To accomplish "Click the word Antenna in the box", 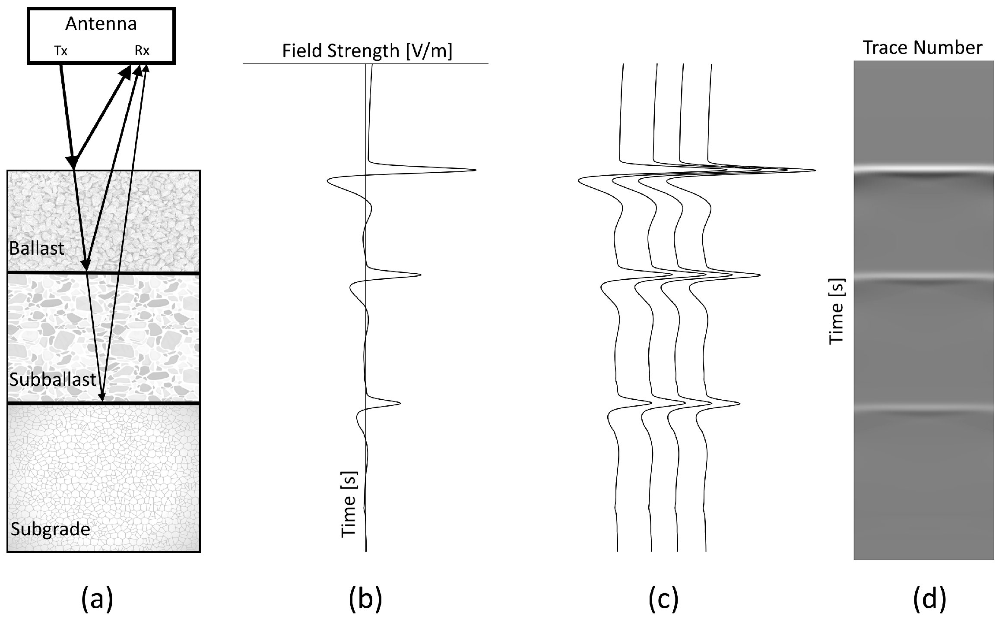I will coord(101,24).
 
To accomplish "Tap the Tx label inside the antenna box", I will coord(61,51).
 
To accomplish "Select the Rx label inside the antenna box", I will coord(142,51).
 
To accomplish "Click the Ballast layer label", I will coord(37,249).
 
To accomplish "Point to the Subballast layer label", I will coord(53,379).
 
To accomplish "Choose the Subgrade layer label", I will coord(51,529).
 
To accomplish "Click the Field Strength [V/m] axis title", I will coord(367,51).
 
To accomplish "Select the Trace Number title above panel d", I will coord(923,47).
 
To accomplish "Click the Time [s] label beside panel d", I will coord(837,311).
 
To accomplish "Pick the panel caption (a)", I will coord(97,599).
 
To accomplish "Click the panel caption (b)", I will coord(365,599).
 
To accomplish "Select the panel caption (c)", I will coord(663,599).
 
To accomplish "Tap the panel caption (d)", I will coord(929,599).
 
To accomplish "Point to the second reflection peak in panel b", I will coord(419,275).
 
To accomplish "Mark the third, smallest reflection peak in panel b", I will coord(399,403).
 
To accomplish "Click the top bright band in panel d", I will coord(923,169).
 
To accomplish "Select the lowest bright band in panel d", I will coord(923,407).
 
